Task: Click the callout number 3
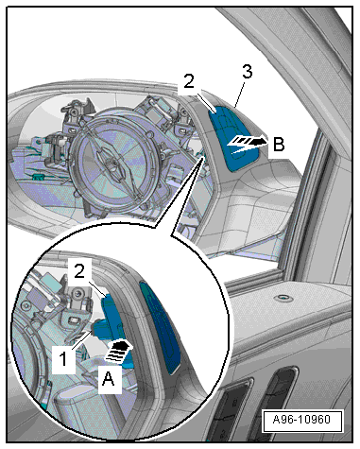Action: [x=248, y=72]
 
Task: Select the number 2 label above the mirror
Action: [x=189, y=81]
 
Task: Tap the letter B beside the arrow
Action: [x=279, y=145]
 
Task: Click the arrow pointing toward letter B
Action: [x=248, y=144]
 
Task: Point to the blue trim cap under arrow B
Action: [x=234, y=139]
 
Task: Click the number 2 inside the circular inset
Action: [x=79, y=271]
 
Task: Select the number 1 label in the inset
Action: [x=63, y=359]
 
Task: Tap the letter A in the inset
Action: [x=108, y=378]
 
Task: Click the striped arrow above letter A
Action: [x=117, y=352]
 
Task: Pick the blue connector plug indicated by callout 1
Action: [x=101, y=329]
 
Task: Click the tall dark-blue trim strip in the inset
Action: [x=160, y=328]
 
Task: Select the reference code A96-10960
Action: [x=301, y=420]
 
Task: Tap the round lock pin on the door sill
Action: [x=283, y=297]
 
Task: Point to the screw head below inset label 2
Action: [x=77, y=294]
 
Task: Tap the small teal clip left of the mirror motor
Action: [x=38, y=176]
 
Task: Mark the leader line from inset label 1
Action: [x=81, y=340]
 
